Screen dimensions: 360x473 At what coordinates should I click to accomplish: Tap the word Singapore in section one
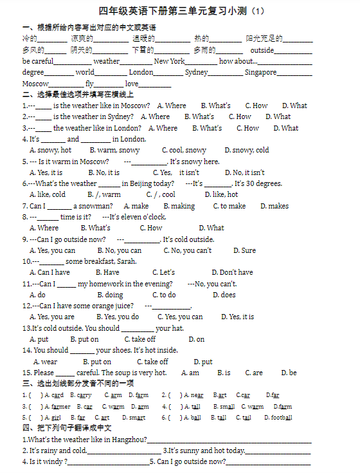coord(260,72)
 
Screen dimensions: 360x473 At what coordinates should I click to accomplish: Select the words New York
coord(169,61)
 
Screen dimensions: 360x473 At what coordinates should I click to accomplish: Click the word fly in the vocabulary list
coord(89,84)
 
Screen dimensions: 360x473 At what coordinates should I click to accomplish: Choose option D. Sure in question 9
coord(244,250)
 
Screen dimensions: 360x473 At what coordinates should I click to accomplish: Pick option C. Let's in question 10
coord(163,272)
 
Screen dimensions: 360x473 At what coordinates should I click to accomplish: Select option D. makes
coord(274,206)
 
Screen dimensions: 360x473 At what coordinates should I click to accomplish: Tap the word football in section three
coord(281,417)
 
